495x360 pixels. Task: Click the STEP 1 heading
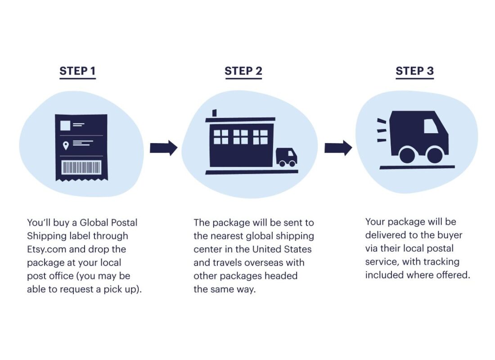pos(77,71)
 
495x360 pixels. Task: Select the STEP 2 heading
pos(243,71)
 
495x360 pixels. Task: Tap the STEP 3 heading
pos(414,71)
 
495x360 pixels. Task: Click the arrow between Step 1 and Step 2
pos(163,148)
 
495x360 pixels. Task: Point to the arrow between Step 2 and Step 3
pos(338,148)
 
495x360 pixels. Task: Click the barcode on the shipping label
pos(81,168)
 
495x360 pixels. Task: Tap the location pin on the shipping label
pos(66,145)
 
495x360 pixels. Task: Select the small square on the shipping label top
pos(65,125)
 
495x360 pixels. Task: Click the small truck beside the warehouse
pos(286,157)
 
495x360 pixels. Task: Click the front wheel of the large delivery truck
pos(435,155)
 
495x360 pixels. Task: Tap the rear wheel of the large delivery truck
pos(407,155)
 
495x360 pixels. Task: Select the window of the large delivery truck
pos(431,126)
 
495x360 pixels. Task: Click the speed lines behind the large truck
pos(382,130)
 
